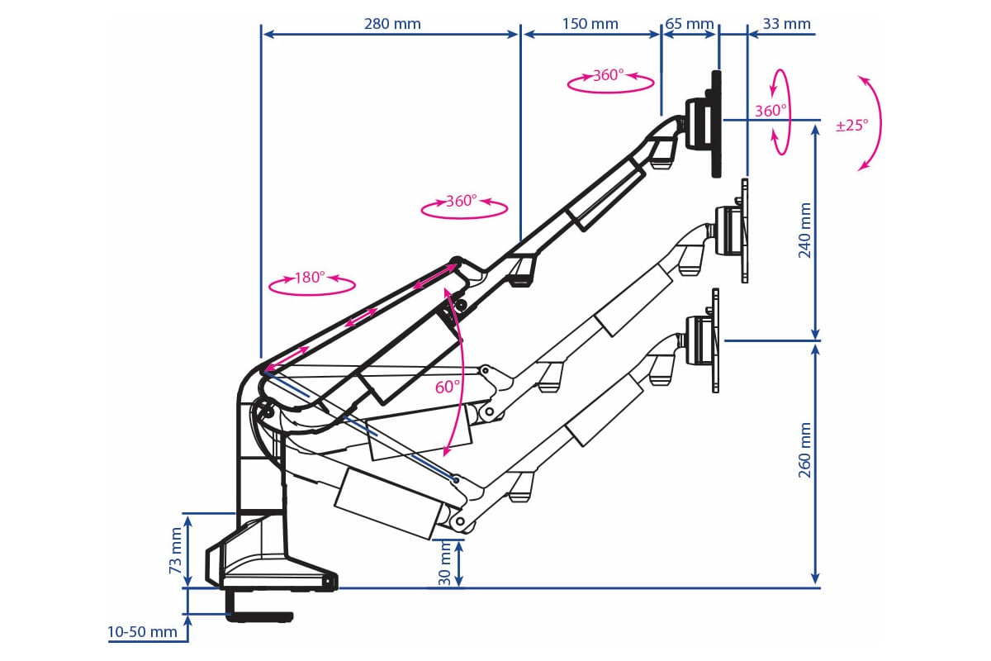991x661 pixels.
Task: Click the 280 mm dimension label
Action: click(392, 23)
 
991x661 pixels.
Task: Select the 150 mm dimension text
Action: click(590, 23)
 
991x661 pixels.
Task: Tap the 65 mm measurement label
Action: click(689, 23)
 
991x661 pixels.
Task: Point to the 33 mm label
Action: click(785, 23)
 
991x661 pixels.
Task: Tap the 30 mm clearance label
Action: click(447, 564)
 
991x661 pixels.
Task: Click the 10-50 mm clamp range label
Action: click(142, 632)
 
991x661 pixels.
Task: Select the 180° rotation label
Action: click(311, 278)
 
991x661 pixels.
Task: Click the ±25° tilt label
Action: click(851, 126)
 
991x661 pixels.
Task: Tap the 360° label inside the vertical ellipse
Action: click(771, 111)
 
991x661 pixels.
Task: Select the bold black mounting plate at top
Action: click(716, 124)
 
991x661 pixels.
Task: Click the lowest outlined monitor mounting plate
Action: click(715, 340)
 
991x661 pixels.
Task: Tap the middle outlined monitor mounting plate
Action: click(745, 231)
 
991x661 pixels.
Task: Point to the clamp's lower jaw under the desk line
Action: click(260, 616)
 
